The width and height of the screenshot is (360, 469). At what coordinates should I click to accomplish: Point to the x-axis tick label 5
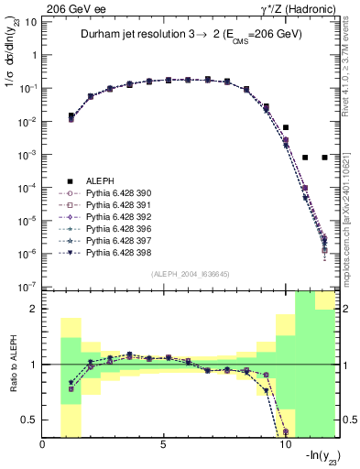[163, 445]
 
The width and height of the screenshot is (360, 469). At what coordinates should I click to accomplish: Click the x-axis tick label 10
[283, 445]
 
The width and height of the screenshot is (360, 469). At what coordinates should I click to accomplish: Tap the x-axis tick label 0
[43, 445]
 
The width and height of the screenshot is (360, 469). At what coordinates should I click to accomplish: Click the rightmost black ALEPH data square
[325, 158]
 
